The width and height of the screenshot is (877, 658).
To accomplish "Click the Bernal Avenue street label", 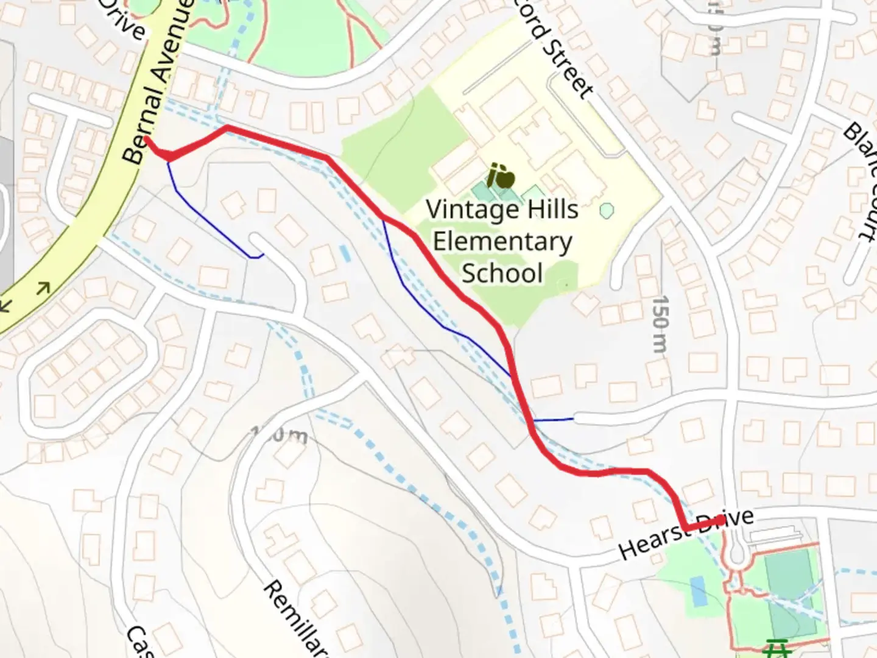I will click(x=157, y=82).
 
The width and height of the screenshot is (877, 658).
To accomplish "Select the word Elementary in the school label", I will click(x=502, y=242).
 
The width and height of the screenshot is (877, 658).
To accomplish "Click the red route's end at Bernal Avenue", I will click(x=147, y=140).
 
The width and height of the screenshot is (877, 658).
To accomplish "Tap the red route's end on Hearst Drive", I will click(x=721, y=520).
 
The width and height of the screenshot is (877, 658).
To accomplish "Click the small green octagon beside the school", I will click(x=606, y=211).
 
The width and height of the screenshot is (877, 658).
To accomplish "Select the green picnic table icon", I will click(x=776, y=648).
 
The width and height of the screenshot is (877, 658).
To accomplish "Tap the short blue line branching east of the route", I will click(x=553, y=420).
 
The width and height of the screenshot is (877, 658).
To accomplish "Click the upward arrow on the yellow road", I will click(x=43, y=287).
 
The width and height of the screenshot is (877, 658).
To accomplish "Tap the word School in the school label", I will click(x=502, y=273).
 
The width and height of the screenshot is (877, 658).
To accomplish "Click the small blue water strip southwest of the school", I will click(x=345, y=254).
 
